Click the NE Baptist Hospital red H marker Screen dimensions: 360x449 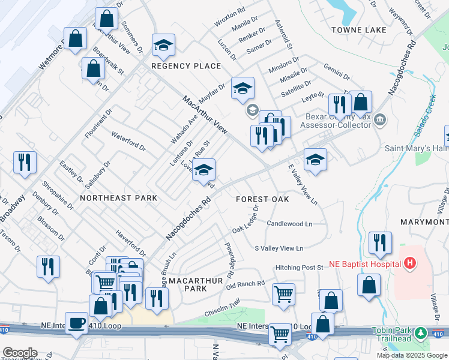click(x=410, y=263)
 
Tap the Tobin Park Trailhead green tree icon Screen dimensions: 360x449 click(x=421, y=333)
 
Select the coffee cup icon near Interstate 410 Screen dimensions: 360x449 click(x=76, y=323)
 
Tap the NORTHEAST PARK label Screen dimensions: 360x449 click(x=118, y=197)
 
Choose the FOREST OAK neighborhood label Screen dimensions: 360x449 click(x=262, y=199)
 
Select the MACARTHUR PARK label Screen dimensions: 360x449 click(x=187, y=284)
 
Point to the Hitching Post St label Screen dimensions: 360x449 click(x=300, y=267)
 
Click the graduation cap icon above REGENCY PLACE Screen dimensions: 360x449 click(x=163, y=45)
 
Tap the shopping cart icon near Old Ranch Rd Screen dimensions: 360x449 click(x=283, y=294)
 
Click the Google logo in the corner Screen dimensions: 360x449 click(x=20, y=353)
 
